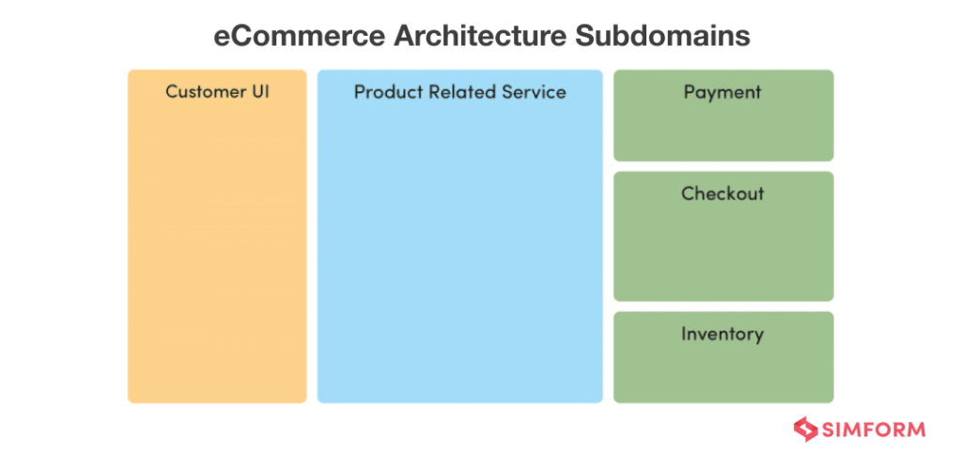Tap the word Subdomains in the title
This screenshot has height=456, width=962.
click(x=663, y=37)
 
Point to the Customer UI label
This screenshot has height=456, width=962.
click(x=217, y=92)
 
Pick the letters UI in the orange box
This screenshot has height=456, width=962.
click(x=258, y=92)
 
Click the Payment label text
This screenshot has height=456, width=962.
click(x=722, y=93)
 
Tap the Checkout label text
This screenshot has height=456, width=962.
click(x=722, y=194)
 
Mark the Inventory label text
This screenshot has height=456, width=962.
click(x=722, y=334)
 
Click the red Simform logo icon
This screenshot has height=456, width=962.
click(x=806, y=429)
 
